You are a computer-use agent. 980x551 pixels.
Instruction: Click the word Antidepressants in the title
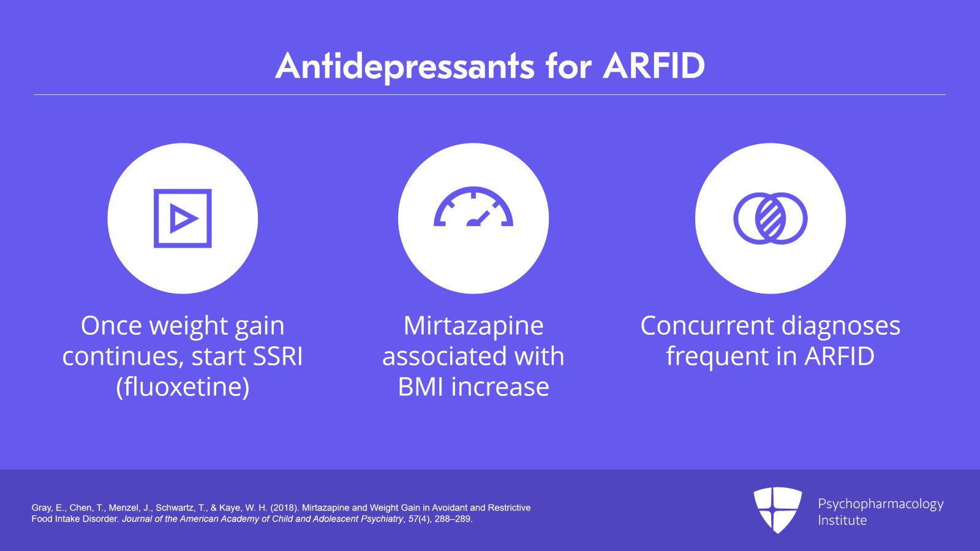coord(405,66)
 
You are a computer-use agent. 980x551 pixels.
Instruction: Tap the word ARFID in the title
coord(654,66)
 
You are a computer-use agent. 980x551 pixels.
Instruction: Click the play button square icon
coord(183,218)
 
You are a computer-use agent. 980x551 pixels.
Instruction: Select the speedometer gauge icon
coord(473,207)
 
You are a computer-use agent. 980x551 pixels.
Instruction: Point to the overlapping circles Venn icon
coord(770,218)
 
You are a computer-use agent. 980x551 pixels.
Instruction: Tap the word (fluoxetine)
coord(183,387)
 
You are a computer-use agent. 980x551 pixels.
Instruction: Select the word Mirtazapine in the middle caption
coord(473,325)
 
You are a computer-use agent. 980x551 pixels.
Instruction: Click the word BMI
coord(421,387)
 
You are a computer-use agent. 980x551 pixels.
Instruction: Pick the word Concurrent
coord(707,325)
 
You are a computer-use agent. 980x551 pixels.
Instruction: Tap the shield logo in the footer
coord(777,509)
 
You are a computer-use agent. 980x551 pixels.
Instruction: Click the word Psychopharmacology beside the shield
coord(880,504)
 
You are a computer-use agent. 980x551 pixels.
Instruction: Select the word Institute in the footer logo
coord(842,520)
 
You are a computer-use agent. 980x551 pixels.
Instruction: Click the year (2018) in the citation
coord(284,507)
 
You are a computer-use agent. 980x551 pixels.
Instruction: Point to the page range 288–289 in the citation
coord(453,519)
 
